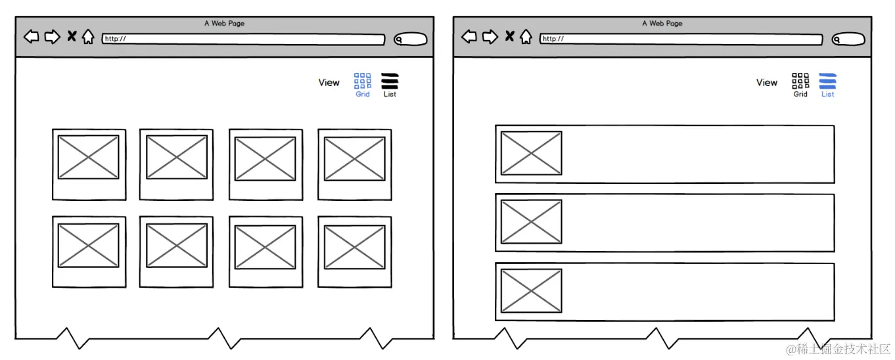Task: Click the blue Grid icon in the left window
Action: click(x=362, y=80)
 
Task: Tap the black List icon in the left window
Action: click(x=390, y=81)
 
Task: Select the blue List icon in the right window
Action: click(x=827, y=81)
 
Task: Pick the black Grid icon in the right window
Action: click(x=800, y=80)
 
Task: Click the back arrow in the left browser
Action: click(x=32, y=37)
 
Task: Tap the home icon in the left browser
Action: click(x=88, y=37)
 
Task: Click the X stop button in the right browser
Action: click(x=509, y=36)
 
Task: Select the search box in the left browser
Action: click(x=410, y=39)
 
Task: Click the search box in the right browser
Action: click(x=848, y=39)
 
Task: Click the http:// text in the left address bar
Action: click(x=116, y=39)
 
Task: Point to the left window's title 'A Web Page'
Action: click(x=225, y=23)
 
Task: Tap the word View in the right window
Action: click(x=767, y=82)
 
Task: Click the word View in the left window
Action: click(x=329, y=82)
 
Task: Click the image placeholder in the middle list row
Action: click(x=532, y=222)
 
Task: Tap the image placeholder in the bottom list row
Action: click(x=532, y=290)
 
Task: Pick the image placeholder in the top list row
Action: click(x=532, y=153)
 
